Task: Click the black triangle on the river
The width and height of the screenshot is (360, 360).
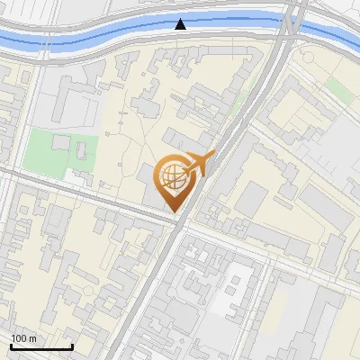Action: coord(182,24)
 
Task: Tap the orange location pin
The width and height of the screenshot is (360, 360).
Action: coord(175,181)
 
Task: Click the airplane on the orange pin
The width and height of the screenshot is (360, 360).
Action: coord(199,163)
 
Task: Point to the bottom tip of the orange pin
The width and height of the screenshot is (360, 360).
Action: coord(175,212)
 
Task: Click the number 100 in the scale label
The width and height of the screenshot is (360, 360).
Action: coord(20,337)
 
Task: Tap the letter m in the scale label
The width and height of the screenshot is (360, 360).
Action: coord(33,337)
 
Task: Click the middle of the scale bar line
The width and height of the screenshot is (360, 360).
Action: coord(41,346)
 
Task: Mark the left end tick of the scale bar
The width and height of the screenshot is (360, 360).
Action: coord(11,346)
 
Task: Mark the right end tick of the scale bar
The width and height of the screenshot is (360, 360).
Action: coord(72,346)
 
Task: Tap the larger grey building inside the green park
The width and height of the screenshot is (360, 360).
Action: coord(61,142)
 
